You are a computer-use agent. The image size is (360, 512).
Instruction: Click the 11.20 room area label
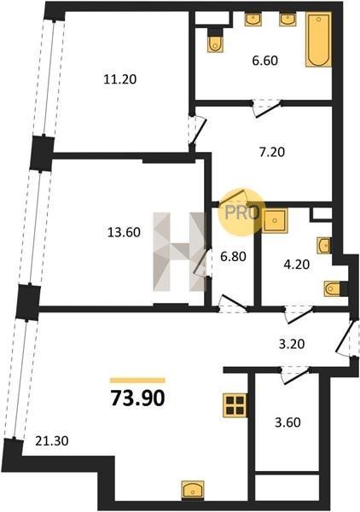click(x=119, y=79)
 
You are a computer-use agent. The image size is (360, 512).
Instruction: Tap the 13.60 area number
click(x=124, y=232)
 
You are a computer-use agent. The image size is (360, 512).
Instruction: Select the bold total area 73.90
click(x=137, y=399)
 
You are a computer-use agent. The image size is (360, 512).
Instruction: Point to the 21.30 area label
click(x=52, y=441)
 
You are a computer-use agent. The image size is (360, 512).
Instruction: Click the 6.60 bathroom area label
click(x=265, y=61)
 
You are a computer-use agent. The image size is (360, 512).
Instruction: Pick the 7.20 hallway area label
click(x=272, y=152)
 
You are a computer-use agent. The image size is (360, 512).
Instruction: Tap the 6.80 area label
click(x=233, y=256)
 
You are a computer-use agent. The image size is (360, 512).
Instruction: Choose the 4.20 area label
click(x=296, y=264)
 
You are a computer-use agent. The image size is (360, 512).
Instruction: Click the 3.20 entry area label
click(x=292, y=344)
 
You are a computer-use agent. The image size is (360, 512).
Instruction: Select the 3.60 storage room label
click(x=287, y=422)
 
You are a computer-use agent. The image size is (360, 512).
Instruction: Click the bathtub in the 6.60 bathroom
click(x=318, y=39)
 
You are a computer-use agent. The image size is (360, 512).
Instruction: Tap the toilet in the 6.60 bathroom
click(x=215, y=40)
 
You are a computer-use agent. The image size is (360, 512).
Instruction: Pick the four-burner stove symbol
click(x=235, y=405)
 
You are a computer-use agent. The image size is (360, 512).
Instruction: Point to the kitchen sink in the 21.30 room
click(x=193, y=490)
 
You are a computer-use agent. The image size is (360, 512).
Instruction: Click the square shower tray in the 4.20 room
click(x=275, y=221)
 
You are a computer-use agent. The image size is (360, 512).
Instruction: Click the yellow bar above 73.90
click(x=137, y=380)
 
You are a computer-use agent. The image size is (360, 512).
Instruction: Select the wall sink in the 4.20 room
click(x=324, y=246)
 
